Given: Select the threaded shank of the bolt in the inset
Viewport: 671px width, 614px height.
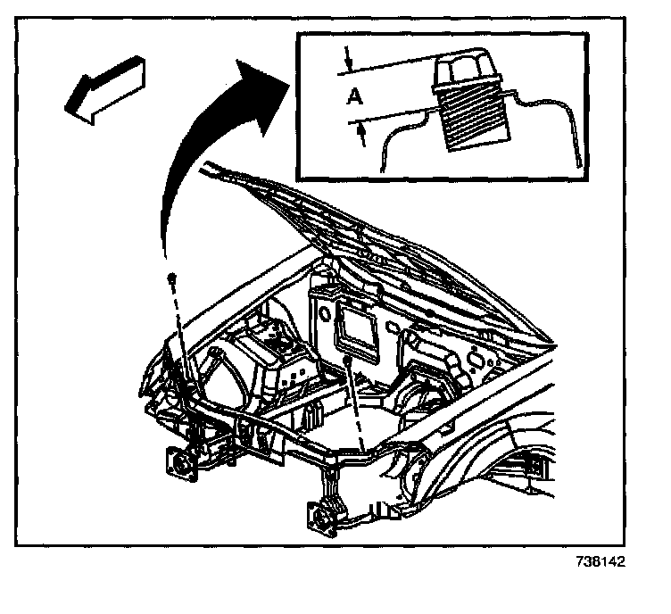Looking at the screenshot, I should (474, 116).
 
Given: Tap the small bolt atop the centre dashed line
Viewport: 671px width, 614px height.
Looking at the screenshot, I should (344, 359).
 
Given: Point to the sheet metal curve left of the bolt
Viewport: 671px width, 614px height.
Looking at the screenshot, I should (397, 134).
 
